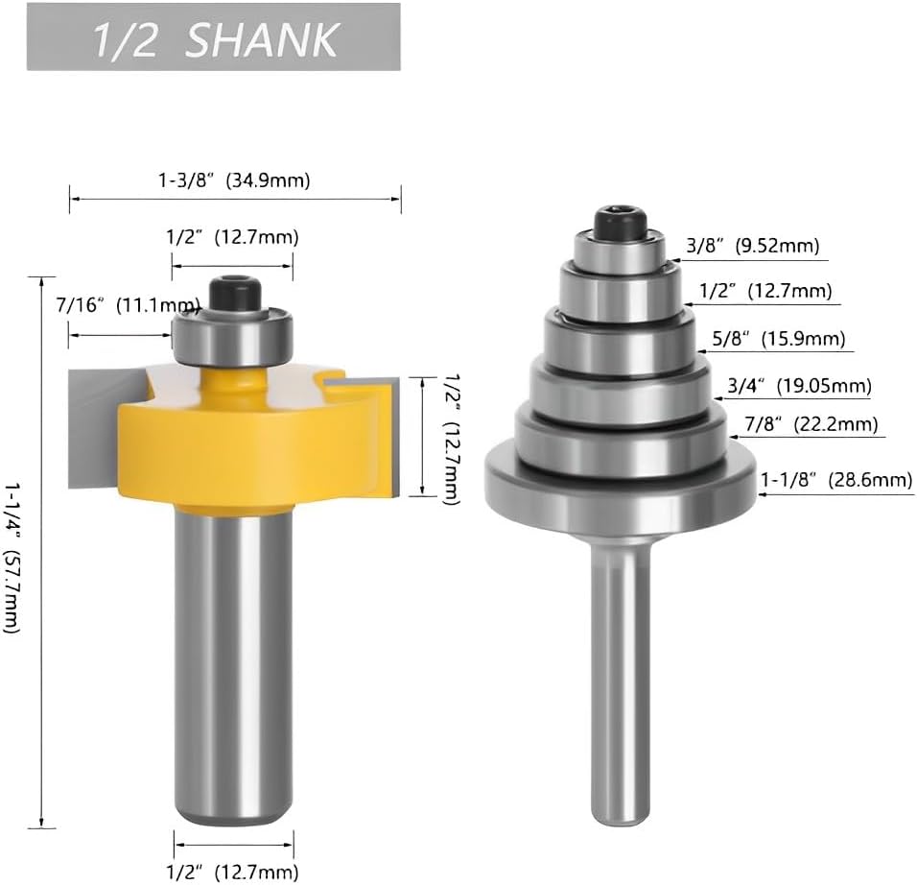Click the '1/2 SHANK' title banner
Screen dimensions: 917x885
(x=214, y=36)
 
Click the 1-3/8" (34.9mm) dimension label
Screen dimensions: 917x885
(x=234, y=180)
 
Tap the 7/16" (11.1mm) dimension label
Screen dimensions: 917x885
(x=129, y=305)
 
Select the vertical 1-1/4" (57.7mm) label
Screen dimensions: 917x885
(x=13, y=558)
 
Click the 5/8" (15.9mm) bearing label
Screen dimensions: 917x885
(x=779, y=339)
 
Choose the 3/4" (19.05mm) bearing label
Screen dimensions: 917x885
(x=799, y=386)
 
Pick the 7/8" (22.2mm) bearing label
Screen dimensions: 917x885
(x=811, y=423)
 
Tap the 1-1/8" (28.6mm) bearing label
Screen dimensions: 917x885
(x=836, y=480)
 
